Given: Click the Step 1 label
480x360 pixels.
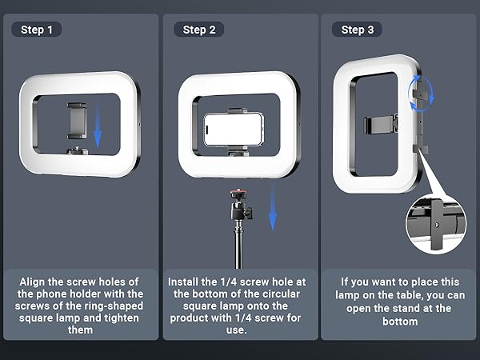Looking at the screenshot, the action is click(37, 30).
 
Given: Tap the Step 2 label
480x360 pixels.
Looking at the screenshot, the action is click(199, 30).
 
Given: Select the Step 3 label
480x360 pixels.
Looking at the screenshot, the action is click(358, 30).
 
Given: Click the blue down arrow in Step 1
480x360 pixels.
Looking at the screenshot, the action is click(98, 125).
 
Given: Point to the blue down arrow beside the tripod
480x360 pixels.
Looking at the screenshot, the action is click(273, 207).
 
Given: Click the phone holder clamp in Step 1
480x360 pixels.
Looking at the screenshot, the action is click(77, 121).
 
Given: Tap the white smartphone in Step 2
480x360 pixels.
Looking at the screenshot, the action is click(234, 129).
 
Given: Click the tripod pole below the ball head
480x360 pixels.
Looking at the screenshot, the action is click(238, 245).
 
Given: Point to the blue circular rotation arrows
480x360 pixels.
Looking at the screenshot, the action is click(422, 94).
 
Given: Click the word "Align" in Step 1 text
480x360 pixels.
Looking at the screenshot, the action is click(33, 282).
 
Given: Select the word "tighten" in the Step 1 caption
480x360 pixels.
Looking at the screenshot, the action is click(122, 318).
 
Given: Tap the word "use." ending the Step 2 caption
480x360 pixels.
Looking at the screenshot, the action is click(236, 330).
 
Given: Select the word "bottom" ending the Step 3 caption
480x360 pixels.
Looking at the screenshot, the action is click(400, 322).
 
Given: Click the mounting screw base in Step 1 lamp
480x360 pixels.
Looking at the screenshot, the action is click(78, 150).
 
